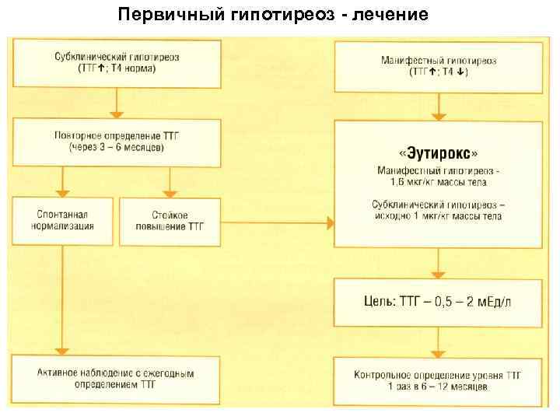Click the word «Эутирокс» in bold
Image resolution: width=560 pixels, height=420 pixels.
pyautogui.click(x=438, y=152)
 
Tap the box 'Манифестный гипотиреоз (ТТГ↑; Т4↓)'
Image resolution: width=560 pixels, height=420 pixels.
pyautogui.click(x=438, y=65)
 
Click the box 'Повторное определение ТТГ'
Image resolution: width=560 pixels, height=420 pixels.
pyautogui.click(x=116, y=142)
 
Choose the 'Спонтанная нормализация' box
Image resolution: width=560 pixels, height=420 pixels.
pyautogui.click(x=65, y=221)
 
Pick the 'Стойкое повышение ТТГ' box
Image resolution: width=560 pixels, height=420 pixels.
pyautogui.click(x=170, y=221)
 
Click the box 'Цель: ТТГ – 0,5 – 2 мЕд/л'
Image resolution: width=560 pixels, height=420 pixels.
pyautogui.click(x=438, y=301)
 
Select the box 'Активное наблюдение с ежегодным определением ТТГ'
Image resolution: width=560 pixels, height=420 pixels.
pyautogui.click(x=116, y=379)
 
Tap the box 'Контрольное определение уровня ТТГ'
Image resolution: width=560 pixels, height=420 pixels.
pyautogui.click(x=438, y=380)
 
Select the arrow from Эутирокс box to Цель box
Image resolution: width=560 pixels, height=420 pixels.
pyautogui.click(x=439, y=264)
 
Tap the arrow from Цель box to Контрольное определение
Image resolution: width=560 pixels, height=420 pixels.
pyautogui.click(x=439, y=340)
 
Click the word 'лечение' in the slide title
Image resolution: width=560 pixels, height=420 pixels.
pyautogui.click(x=388, y=15)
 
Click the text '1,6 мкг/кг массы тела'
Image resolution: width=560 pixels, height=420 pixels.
pyautogui.click(x=438, y=182)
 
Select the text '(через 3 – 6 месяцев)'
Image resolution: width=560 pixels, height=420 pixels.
pyautogui.click(x=116, y=149)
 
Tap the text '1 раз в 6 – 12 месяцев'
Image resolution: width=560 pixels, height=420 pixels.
pyautogui.click(x=438, y=387)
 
